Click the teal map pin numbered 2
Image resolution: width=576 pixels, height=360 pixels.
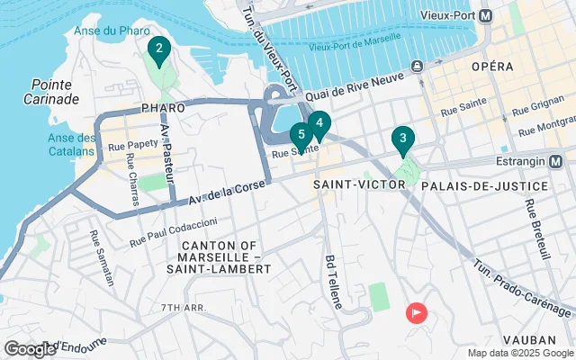[158, 50]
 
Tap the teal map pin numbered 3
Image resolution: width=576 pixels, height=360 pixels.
[402, 140]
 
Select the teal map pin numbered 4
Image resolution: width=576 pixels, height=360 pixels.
[319, 124]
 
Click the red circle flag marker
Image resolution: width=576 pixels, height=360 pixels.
[418, 313]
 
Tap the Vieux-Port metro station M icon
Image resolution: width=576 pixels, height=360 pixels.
[486, 15]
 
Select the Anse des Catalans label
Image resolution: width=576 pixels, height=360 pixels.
[73, 145]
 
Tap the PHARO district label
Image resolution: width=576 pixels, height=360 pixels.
[163, 108]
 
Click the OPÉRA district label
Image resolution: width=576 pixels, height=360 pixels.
[491, 67]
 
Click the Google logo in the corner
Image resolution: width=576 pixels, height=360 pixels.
[30, 349]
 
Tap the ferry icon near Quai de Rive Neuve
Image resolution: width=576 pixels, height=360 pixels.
[418, 67]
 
